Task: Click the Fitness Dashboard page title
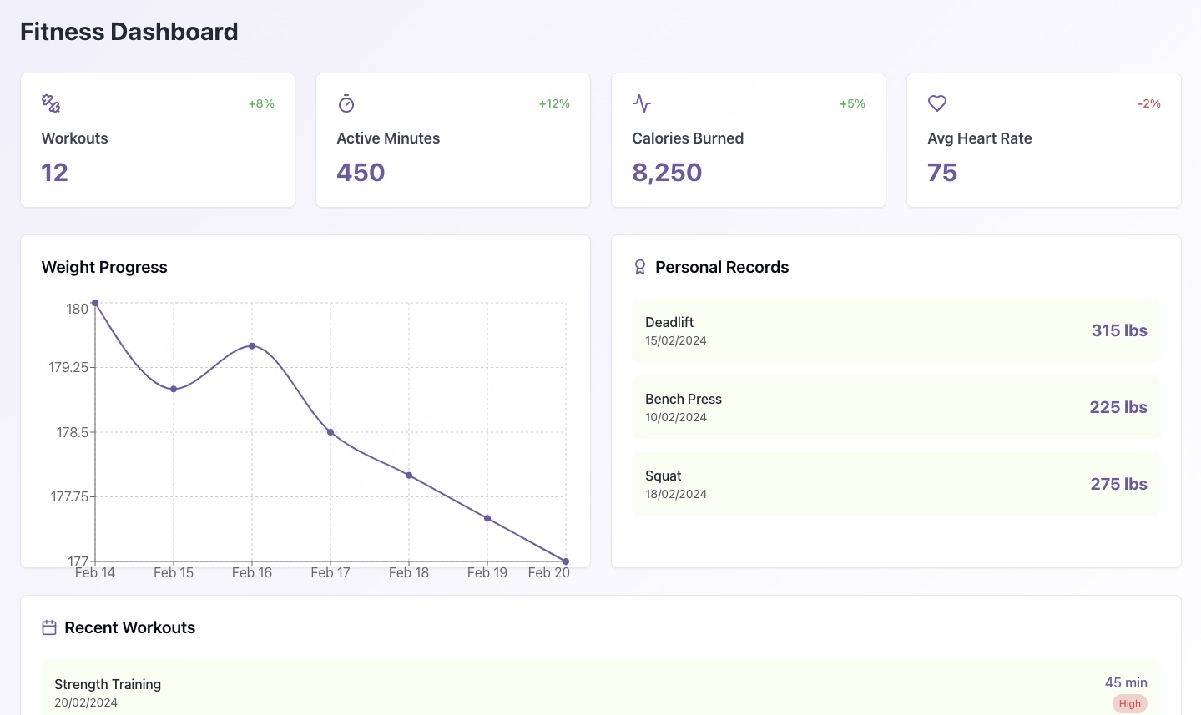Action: pyautogui.click(x=129, y=32)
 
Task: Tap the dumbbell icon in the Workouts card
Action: pyautogui.click(x=51, y=103)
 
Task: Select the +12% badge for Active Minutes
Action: pyautogui.click(x=554, y=103)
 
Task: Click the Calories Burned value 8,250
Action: pyautogui.click(x=667, y=173)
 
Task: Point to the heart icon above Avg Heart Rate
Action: pyautogui.click(x=937, y=103)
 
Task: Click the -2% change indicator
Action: pyautogui.click(x=1148, y=103)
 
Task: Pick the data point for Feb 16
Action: pyautogui.click(x=252, y=346)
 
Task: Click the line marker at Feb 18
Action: pyautogui.click(x=409, y=476)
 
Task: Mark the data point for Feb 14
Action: pyautogui.click(x=95, y=303)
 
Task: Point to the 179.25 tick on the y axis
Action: pyautogui.click(x=68, y=367)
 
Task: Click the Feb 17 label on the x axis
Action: pyautogui.click(x=331, y=572)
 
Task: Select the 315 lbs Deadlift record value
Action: pyautogui.click(x=1119, y=330)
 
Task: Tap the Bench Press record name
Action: pyautogui.click(x=683, y=399)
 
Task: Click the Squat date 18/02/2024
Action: pyautogui.click(x=676, y=494)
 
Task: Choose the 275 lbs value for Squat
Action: pyautogui.click(x=1118, y=484)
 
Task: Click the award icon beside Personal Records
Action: pyautogui.click(x=640, y=267)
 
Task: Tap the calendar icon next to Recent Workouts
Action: pyautogui.click(x=49, y=627)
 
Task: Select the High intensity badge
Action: pyautogui.click(x=1129, y=703)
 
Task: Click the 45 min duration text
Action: pyautogui.click(x=1126, y=682)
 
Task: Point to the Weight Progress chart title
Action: pyautogui.click(x=104, y=267)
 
